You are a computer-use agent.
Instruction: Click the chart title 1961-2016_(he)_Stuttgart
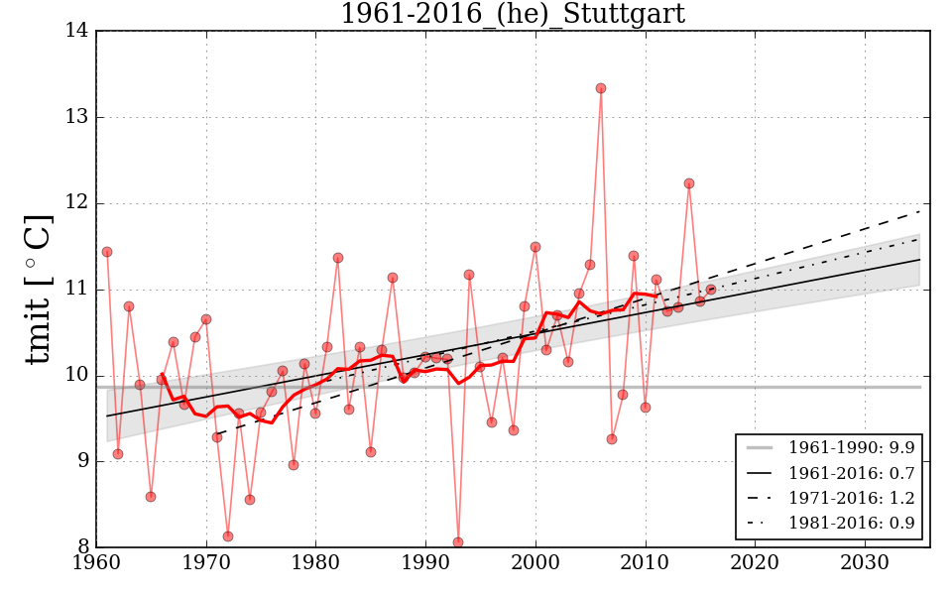pos(512,14)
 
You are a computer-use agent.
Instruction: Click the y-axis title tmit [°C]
pos(38,289)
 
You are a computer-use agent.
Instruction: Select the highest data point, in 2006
pos(601,88)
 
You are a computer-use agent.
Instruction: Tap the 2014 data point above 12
pos(689,183)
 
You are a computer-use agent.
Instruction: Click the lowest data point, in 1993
pos(458,542)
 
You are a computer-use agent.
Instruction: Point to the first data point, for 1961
pos(107,252)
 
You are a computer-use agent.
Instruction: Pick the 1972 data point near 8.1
pos(228,536)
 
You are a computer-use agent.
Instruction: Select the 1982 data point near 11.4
pos(338,258)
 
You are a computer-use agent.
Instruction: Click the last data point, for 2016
pos(711,290)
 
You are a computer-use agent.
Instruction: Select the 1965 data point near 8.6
pos(151,497)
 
